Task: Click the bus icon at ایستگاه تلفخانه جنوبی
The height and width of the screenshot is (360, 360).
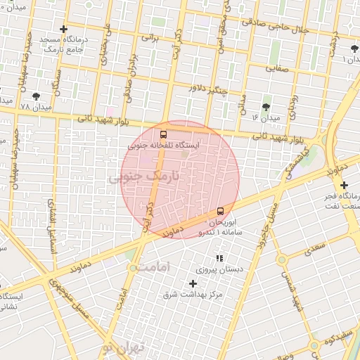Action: pos(164,134)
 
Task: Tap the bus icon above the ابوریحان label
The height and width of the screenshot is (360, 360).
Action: pos(220,211)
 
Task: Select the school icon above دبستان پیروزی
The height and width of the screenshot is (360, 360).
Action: pos(219,259)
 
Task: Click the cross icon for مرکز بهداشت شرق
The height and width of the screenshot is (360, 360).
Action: pos(193,283)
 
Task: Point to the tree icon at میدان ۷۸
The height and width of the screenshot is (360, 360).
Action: pos(36,96)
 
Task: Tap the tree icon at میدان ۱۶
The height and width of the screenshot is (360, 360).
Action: pos(266,107)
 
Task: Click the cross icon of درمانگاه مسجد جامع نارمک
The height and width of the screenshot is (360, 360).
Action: pos(64,30)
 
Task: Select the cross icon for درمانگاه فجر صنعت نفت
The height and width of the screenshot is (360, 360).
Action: pos(343,185)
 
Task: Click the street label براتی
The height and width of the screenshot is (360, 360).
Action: pos(152,36)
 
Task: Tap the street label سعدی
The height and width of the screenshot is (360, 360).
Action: pos(314,246)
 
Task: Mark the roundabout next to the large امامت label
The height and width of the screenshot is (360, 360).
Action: pos(134,268)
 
